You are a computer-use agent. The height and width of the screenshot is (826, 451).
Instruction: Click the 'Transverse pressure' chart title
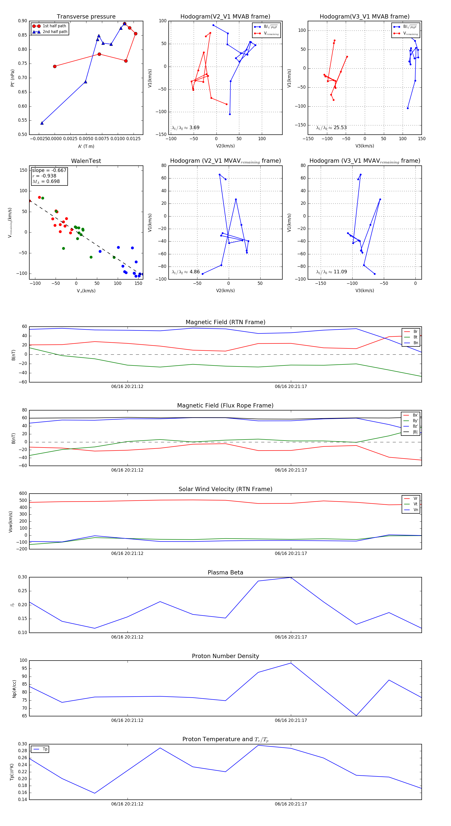pos(86,17)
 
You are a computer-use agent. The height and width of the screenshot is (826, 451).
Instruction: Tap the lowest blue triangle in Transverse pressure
pos(42,123)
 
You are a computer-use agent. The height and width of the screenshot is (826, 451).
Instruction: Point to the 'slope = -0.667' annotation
pos(49,170)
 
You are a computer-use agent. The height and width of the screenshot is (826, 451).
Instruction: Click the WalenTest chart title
pos(86,161)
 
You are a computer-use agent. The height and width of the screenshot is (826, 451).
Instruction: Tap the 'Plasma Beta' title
pos(225,572)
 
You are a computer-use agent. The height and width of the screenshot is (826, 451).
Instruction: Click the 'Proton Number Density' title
pos(225,656)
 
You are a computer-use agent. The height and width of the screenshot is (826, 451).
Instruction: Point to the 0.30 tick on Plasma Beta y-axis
pos(23,577)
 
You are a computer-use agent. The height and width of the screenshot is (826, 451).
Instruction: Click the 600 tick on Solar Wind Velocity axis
pos(23,494)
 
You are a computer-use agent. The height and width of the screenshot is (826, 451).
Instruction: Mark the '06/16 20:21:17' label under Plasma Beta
pos(291,637)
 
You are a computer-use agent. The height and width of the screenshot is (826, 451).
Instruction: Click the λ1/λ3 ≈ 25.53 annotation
pos(331,128)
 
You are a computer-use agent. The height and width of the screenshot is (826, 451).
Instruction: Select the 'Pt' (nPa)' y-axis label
pos(13,78)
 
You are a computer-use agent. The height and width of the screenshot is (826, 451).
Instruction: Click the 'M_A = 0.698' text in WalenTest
pos(46,181)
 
